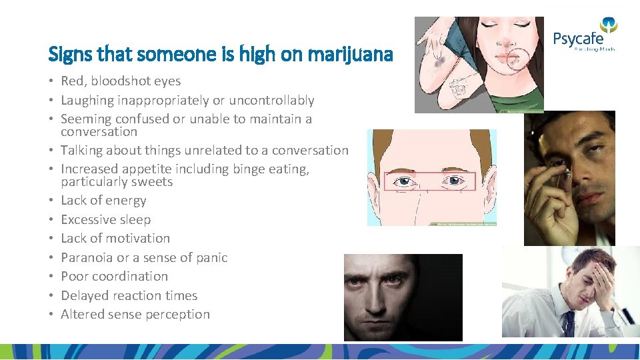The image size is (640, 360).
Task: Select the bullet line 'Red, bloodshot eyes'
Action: (121, 81)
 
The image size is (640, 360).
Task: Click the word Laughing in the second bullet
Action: (87, 100)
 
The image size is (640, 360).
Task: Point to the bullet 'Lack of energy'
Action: (103, 200)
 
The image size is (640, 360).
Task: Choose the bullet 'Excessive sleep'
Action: (105, 219)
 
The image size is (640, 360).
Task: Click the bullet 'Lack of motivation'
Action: (115, 238)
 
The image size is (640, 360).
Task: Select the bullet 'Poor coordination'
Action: (114, 276)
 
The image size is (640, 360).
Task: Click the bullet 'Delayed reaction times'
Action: (129, 295)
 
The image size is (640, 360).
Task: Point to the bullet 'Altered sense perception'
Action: (135, 314)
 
